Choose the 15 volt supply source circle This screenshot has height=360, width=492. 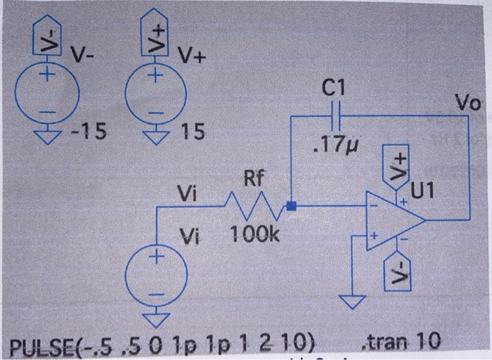coord(156,95)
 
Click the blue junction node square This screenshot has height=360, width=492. coord(292,207)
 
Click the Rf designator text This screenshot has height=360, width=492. coord(254,179)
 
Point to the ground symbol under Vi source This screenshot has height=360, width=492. coord(156,321)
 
